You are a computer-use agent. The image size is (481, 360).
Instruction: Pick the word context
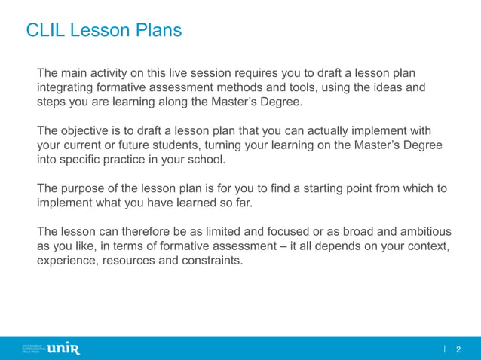(427, 246)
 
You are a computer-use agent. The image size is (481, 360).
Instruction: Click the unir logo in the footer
(63, 348)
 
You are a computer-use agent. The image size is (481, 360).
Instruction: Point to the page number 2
(458, 349)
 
